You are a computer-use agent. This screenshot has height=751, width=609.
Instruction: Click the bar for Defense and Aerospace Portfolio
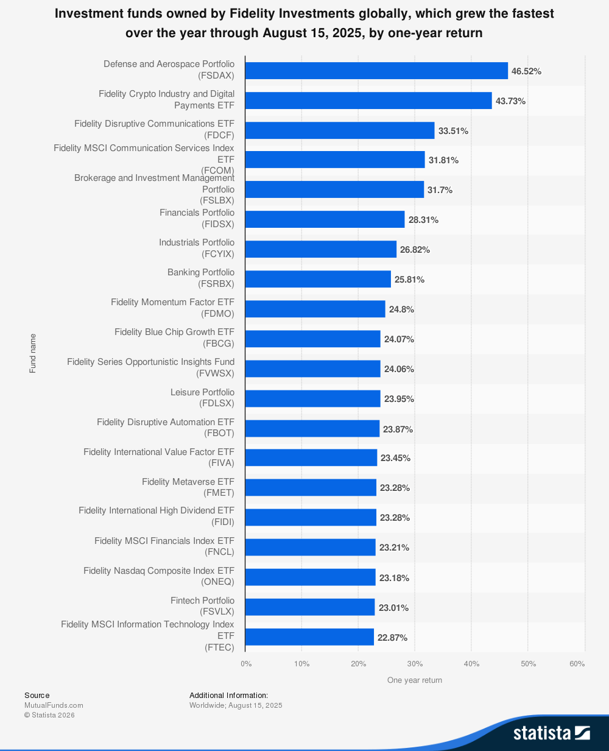(x=376, y=71)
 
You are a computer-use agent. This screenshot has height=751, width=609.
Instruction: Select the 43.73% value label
(x=510, y=101)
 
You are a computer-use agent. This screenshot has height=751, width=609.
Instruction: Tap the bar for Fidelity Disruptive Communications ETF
(x=340, y=130)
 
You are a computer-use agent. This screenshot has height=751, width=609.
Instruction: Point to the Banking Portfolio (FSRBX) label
(x=201, y=278)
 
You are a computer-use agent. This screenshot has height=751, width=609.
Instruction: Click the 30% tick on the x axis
(x=415, y=664)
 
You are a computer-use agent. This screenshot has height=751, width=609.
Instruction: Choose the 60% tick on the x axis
(x=577, y=664)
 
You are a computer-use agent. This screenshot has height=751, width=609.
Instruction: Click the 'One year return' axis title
(x=415, y=680)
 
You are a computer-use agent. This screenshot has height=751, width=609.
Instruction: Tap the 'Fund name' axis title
(x=33, y=353)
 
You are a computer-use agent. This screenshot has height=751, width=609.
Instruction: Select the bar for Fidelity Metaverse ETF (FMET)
(x=311, y=487)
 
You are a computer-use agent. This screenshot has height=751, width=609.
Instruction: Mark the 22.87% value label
(x=392, y=638)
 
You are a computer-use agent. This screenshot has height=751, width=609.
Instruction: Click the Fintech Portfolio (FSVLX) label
(x=202, y=605)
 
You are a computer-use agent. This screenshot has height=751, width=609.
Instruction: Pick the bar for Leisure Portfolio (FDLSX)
(x=312, y=399)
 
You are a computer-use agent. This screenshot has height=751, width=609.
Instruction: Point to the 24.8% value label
(x=401, y=309)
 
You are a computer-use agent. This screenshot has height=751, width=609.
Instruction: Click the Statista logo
(x=551, y=732)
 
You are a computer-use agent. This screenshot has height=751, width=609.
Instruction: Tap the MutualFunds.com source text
(x=54, y=705)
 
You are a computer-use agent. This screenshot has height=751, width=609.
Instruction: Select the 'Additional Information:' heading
(x=228, y=695)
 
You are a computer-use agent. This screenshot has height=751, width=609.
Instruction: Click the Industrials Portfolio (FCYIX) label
(x=197, y=248)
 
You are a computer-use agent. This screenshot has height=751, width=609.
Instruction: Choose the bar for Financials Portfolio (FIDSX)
(x=325, y=219)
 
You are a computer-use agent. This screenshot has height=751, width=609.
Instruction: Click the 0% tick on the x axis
(x=246, y=664)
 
